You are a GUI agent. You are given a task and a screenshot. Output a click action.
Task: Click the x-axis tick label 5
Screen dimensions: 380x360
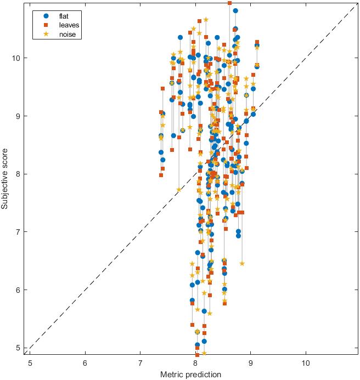click(x=30, y=362)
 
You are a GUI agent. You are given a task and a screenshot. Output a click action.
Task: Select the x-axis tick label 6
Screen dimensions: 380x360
click(x=85, y=362)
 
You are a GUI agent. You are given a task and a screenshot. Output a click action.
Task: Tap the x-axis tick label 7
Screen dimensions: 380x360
click(x=140, y=362)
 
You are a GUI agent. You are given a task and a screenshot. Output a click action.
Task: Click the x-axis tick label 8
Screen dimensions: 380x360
click(x=196, y=362)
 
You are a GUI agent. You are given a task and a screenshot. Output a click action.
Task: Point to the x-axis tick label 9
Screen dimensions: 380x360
click(x=251, y=362)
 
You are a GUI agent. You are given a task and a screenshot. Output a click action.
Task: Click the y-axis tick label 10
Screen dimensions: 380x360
click(x=18, y=58)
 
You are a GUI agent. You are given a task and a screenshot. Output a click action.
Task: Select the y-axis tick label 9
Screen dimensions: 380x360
click(x=19, y=116)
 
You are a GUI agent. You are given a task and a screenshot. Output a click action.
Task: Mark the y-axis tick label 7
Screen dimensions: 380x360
click(x=19, y=232)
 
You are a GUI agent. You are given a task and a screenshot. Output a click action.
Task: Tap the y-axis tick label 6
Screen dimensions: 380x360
click(x=19, y=290)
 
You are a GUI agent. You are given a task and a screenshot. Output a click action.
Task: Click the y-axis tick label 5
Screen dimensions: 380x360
click(x=19, y=348)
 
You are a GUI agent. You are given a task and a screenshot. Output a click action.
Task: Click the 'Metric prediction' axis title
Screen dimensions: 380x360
click(x=190, y=374)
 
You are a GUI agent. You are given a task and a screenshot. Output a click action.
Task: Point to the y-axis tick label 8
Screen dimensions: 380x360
click(x=19, y=174)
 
